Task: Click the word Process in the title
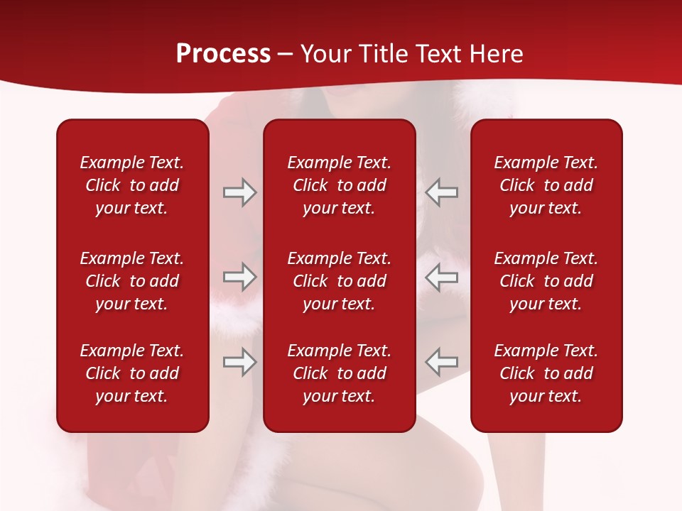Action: pos(223,54)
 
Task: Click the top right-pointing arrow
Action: pos(239,192)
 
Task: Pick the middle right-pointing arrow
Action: pos(239,278)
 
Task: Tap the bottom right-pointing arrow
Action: pos(239,362)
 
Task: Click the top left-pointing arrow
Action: pos(441,192)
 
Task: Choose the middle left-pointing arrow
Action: pos(441,278)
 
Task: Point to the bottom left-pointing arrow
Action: pos(441,362)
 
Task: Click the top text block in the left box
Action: pos(132,185)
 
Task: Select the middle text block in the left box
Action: pos(132,281)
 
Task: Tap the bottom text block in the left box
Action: pos(132,373)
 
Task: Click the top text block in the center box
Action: pos(339,185)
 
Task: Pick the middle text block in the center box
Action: pos(339,281)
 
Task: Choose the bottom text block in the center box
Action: pos(339,373)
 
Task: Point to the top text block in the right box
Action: pos(546,185)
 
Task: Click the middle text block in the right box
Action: pos(546,281)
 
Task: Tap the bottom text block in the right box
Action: pos(546,373)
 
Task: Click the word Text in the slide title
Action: pos(438,54)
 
